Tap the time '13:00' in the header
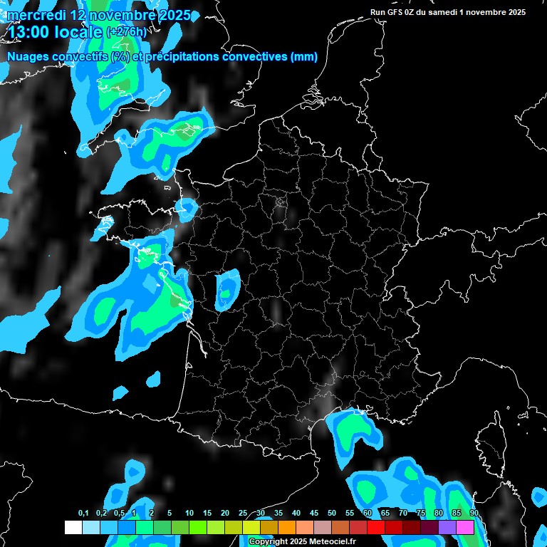pos(28,32)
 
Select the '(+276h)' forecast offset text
pos(127,32)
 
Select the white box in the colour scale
pos(73,527)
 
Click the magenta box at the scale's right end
pos(464,527)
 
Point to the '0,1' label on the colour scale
pos(83,514)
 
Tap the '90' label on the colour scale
pos(474,514)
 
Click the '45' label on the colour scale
pos(314,514)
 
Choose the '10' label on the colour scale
pos(189,514)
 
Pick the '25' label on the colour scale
pos(243,514)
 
